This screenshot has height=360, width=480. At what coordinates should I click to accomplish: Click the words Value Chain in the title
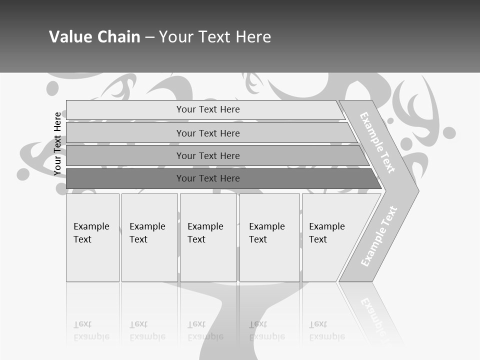pos(94,37)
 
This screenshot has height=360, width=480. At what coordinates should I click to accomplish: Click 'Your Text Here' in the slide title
pos(215,37)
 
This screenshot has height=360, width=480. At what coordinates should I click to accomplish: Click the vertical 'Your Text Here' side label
pos(57,144)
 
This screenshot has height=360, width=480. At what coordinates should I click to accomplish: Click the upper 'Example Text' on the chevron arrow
pos(377,142)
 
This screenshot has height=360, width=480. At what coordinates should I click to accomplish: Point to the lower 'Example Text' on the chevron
pos(379,236)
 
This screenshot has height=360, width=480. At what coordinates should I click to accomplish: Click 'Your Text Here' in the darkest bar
pos(208,178)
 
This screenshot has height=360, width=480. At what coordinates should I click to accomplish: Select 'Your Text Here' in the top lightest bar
pos(208,109)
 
